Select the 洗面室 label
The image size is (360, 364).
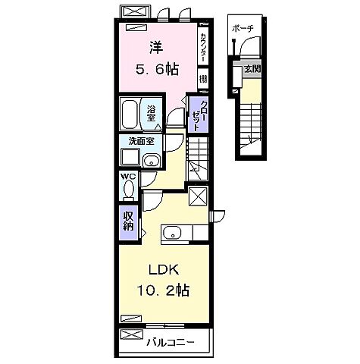click(140, 141)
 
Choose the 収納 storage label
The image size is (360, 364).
click(129, 221)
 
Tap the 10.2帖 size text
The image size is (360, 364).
click(163, 290)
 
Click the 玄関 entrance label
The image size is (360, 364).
click(251, 69)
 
